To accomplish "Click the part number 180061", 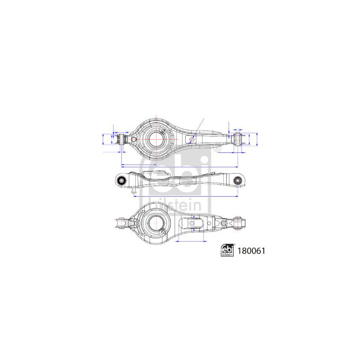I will [x=252, y=251].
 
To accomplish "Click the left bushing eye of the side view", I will [x=122, y=181].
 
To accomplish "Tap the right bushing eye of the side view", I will [x=238, y=181].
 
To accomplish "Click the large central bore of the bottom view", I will [x=154, y=222].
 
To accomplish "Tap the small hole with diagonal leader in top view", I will [x=192, y=139].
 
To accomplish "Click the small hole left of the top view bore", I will [x=134, y=139].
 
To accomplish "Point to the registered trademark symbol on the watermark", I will [x=217, y=149].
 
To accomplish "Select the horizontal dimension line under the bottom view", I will [x=190, y=241].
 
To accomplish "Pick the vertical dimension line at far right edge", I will [x=257, y=139].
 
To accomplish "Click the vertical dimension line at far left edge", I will [x=103, y=139].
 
